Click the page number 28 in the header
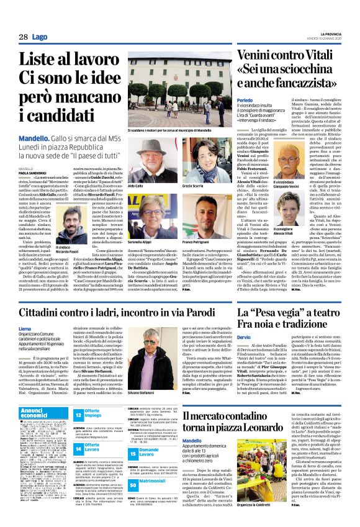pos(23,37)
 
